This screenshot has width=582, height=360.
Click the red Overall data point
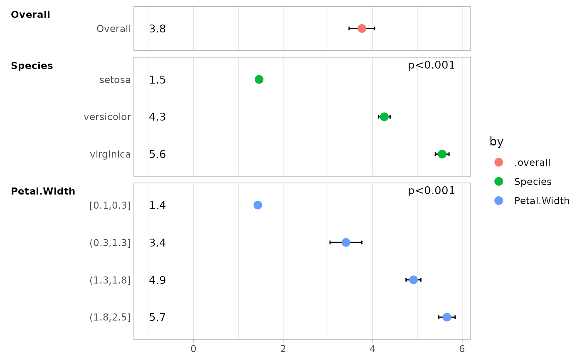click(x=362, y=28)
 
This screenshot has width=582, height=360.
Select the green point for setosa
click(x=259, y=79)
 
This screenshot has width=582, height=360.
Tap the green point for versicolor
click(x=384, y=117)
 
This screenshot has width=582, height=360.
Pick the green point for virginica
click(x=442, y=154)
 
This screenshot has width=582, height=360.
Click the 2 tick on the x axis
click(x=283, y=349)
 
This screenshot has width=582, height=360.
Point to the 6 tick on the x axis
click(x=462, y=349)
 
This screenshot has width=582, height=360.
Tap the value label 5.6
click(x=158, y=155)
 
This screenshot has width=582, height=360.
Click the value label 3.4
click(x=158, y=243)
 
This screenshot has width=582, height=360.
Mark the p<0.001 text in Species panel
click(x=432, y=65)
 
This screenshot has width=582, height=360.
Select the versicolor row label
click(x=107, y=117)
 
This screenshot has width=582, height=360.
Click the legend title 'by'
click(x=496, y=142)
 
